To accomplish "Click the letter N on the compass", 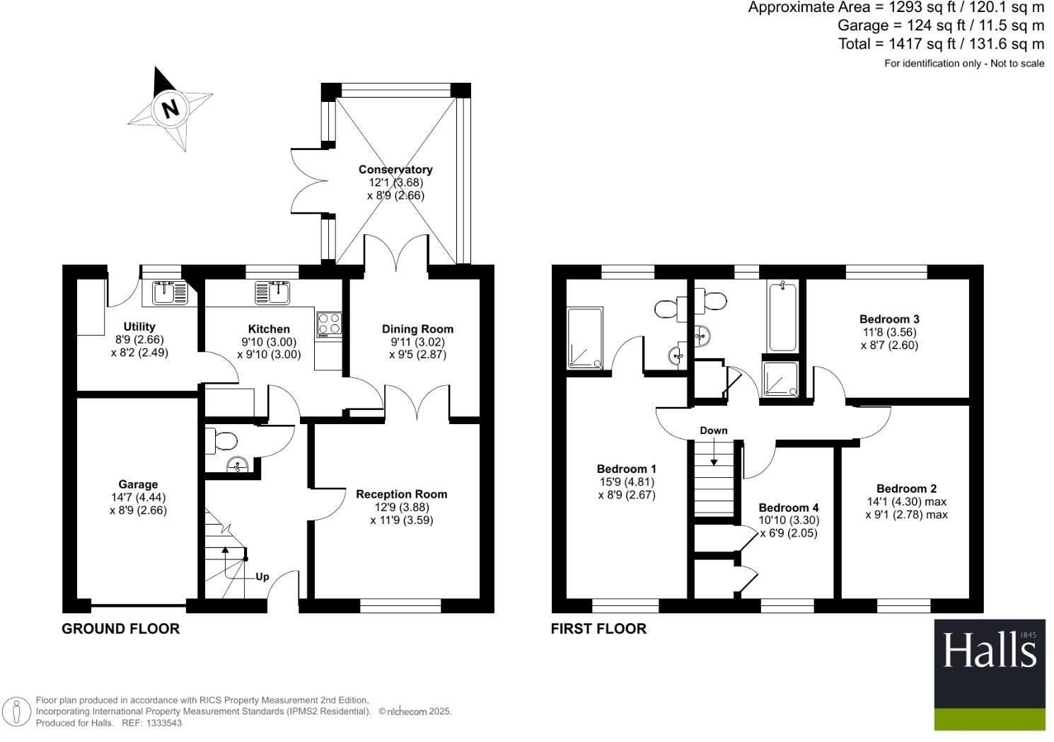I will click(x=170, y=109).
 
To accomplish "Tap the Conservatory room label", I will click(x=395, y=169).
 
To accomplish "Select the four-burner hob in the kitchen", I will click(x=328, y=324).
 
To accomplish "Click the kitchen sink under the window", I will click(x=272, y=292).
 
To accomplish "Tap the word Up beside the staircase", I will click(x=262, y=576).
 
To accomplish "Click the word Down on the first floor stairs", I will click(x=714, y=430).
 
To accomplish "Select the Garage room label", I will click(x=138, y=484).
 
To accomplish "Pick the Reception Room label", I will click(x=401, y=494).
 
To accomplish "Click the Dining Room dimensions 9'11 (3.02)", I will click(x=417, y=341).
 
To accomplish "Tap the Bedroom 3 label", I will click(x=889, y=319).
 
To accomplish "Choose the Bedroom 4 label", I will click(x=788, y=508).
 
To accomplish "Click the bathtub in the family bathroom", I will click(x=782, y=316).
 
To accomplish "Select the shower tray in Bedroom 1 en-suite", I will click(x=584, y=338).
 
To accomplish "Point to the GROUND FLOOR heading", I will click(x=120, y=629).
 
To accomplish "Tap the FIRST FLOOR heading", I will click(x=598, y=629).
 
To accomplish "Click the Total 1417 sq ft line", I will click(x=941, y=44).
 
